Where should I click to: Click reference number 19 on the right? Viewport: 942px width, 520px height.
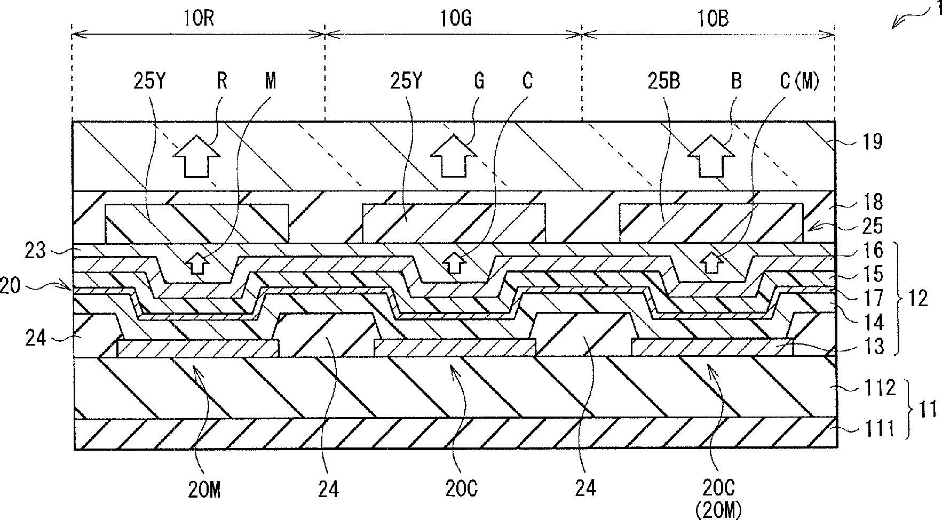[x=873, y=142]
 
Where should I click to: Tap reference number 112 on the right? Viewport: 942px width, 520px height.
[x=877, y=388]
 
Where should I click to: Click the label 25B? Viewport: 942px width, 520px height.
[x=665, y=83]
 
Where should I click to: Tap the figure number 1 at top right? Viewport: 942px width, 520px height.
[x=933, y=9]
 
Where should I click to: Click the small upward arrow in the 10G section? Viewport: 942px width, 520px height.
[x=454, y=263]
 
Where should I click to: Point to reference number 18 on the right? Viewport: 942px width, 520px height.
[x=873, y=202]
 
